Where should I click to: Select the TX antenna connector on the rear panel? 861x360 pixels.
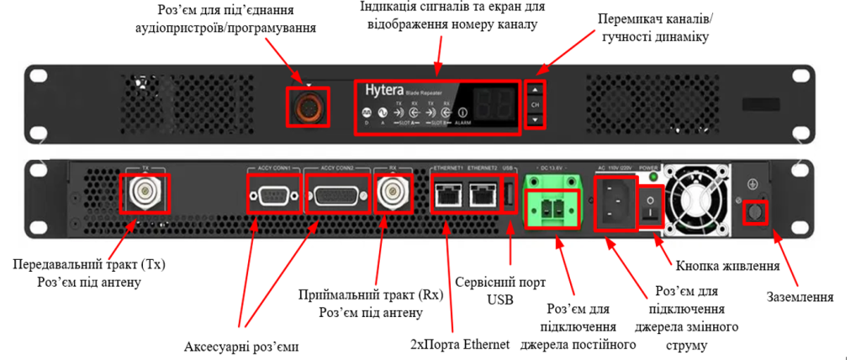[146, 194]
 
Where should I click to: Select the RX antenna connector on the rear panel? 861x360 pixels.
[392, 194]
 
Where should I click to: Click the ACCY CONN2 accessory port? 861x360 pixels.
[340, 199]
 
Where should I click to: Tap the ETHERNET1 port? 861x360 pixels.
[446, 196]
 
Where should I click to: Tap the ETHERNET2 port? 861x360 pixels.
[482, 196]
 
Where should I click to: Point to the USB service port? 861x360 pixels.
[509, 196]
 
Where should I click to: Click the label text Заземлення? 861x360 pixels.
[800, 296]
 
